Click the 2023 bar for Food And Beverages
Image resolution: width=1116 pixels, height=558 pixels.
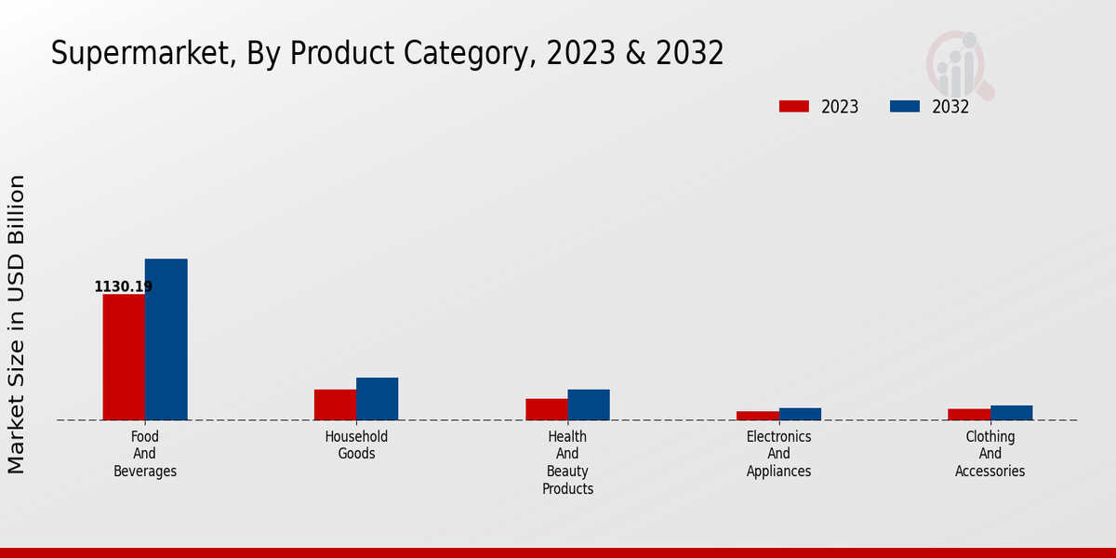point(124,357)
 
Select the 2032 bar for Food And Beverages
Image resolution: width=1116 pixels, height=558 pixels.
point(166,339)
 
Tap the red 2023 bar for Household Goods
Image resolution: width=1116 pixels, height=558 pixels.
point(335,405)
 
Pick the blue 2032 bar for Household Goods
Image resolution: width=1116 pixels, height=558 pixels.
point(377,399)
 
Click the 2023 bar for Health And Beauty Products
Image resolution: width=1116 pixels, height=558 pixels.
point(546,409)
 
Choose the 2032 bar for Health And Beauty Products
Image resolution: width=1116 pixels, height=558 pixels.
point(589,405)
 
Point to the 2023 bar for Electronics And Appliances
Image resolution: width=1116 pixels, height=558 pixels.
point(758,416)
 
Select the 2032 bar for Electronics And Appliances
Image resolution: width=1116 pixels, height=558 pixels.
point(800,414)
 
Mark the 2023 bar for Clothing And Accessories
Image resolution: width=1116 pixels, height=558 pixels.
point(969,415)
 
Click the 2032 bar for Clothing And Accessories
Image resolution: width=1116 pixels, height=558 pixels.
point(1011,413)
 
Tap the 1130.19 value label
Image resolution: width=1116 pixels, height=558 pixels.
point(123,286)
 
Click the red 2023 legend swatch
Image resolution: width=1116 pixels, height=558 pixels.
point(794,106)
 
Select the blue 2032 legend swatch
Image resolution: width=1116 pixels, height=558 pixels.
point(904,106)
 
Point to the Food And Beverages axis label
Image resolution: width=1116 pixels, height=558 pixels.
point(145,454)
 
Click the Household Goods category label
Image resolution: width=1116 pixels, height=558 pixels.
point(356,445)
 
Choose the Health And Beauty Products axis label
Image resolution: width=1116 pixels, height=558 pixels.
point(567,462)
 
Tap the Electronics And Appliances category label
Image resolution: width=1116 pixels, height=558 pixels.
point(778,454)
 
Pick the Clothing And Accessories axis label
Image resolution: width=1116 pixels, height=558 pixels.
point(990,454)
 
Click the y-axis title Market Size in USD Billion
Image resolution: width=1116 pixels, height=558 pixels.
point(17,324)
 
